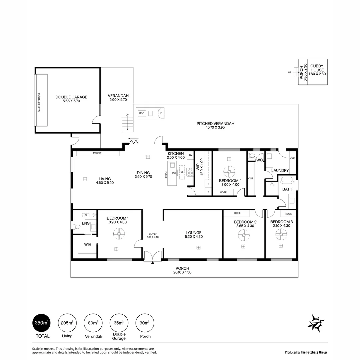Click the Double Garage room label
(x=71, y=97)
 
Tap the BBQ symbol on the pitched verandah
(x=142, y=113)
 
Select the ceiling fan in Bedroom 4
(x=229, y=172)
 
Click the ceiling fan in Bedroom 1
(x=119, y=234)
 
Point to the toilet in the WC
(x=252, y=156)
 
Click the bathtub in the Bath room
(x=286, y=180)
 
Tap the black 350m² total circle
(x=42, y=323)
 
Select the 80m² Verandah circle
(x=93, y=323)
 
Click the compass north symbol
(x=316, y=323)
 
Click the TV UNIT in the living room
(x=98, y=153)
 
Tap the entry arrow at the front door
(x=153, y=263)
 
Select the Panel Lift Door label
(x=39, y=100)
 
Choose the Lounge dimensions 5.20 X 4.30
(x=194, y=237)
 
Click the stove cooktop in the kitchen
(x=191, y=172)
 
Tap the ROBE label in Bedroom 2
(x=237, y=213)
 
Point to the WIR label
(x=87, y=244)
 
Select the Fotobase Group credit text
(x=306, y=352)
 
